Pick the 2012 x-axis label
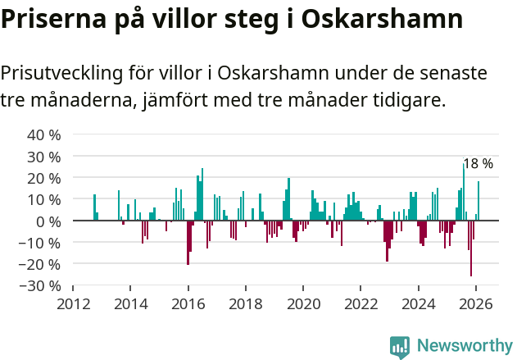73,303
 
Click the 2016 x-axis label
188,303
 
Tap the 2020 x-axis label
303,303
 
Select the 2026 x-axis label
476,303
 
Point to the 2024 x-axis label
419,303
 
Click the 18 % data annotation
478,164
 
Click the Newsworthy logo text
465,345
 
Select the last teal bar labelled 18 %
478,201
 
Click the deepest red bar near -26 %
471,248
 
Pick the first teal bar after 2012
94,207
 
